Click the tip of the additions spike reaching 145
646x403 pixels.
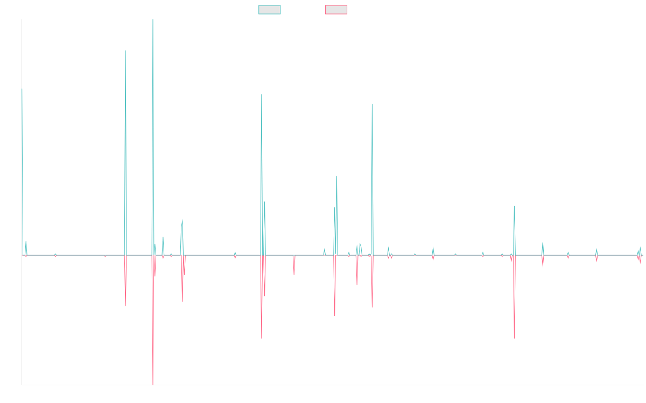point(125,51)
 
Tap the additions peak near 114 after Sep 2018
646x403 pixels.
point(262,95)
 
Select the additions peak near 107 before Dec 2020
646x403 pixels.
point(372,104)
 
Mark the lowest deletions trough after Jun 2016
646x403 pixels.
point(153,384)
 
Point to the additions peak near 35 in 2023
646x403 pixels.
point(514,206)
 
